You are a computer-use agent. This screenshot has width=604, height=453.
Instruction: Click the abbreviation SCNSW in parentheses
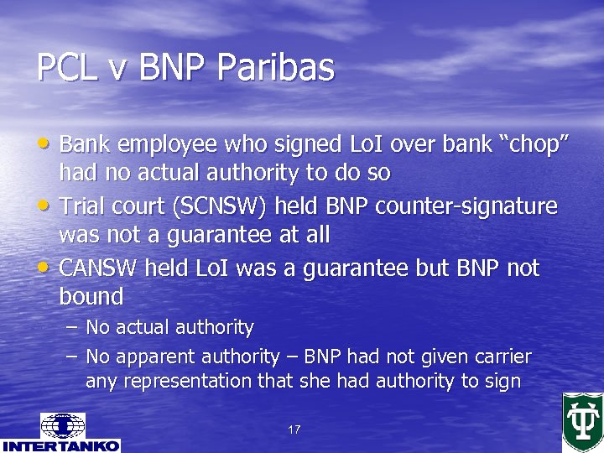coord(219,206)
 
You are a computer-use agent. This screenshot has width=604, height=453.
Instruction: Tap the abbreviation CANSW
coord(99,268)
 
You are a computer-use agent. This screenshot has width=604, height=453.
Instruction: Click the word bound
coord(91,296)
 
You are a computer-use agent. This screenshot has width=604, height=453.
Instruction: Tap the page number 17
coord(294,430)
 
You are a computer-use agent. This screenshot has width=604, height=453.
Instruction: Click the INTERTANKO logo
coord(60,433)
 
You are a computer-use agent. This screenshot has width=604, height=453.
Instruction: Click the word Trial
coord(83,206)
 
